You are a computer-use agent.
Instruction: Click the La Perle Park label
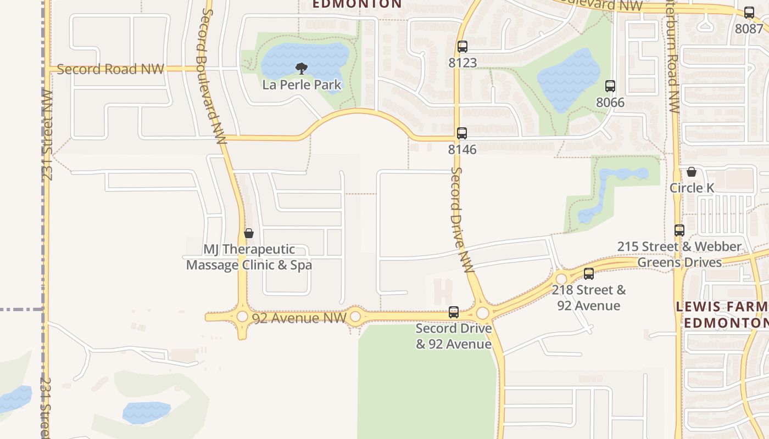302,85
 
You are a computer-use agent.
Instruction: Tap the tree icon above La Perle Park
301,69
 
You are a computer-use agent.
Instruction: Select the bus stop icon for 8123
462,47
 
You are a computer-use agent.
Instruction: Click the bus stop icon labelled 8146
462,133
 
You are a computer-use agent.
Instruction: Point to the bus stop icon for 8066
610,86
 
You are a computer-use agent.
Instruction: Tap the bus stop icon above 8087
749,13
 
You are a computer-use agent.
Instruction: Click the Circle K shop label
692,188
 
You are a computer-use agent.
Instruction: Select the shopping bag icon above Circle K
692,172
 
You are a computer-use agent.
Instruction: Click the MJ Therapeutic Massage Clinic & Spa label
249,257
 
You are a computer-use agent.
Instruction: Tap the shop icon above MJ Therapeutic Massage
249,234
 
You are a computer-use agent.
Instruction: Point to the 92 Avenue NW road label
299,318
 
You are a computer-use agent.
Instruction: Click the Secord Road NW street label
110,69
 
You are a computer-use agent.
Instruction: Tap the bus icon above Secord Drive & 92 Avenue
454,312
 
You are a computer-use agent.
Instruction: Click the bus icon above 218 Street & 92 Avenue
589,274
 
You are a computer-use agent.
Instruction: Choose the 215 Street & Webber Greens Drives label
679,254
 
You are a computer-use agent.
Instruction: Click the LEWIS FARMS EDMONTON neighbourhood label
722,314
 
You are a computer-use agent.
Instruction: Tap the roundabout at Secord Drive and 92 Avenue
483,313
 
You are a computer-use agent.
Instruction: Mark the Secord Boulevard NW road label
213,77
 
